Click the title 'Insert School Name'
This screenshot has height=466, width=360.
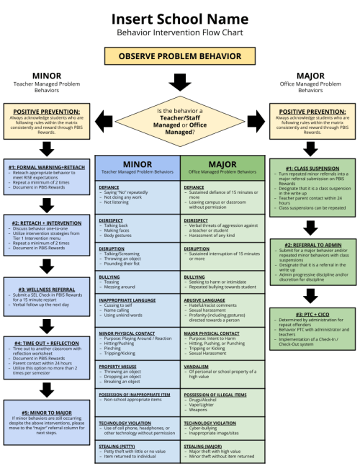click(180, 17)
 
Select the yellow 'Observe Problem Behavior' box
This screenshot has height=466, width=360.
click(180, 55)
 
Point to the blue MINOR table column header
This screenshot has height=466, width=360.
click(138, 166)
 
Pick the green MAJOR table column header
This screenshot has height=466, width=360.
click(222, 166)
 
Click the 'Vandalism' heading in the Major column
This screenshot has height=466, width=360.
click(197, 365)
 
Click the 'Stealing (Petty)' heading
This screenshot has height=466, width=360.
click(120, 446)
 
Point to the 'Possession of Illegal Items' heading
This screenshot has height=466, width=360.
click(215, 395)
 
